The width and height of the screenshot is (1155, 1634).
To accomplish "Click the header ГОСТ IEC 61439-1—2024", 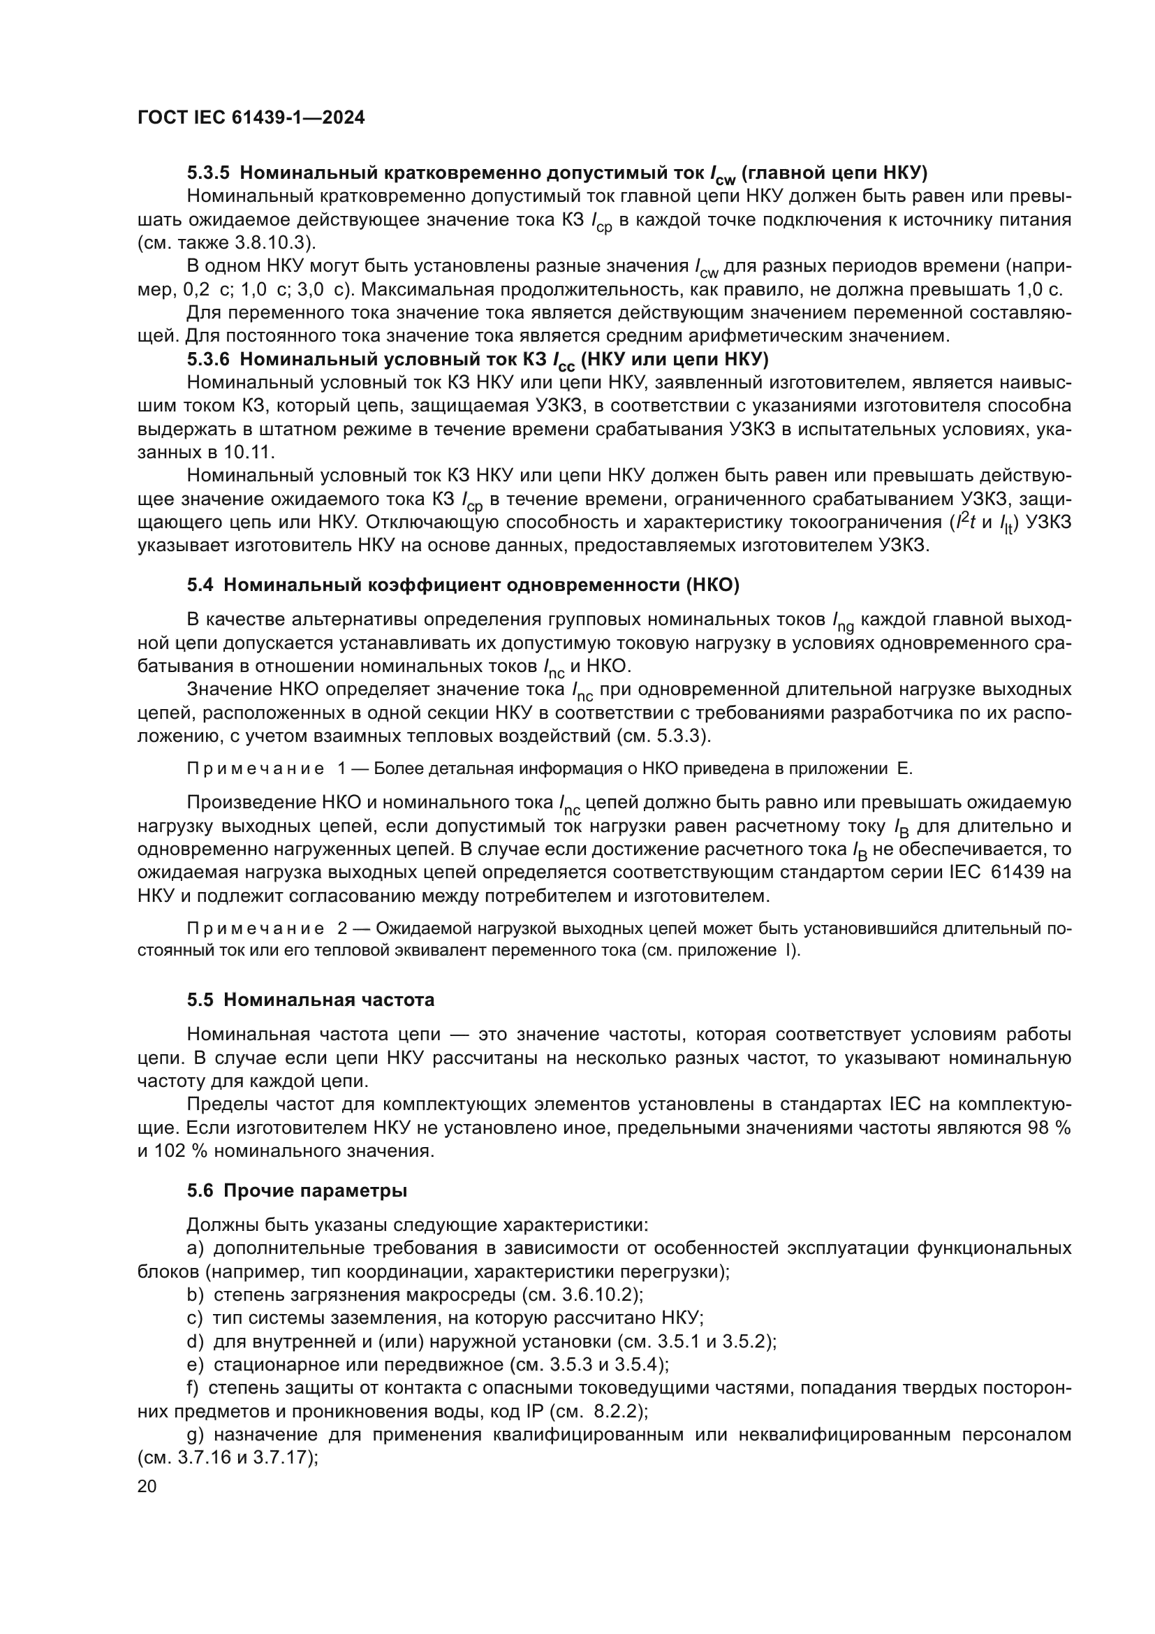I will (x=251, y=118).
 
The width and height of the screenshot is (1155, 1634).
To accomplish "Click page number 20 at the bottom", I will (x=147, y=1486).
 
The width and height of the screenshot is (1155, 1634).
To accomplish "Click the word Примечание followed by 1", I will (x=256, y=768).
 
